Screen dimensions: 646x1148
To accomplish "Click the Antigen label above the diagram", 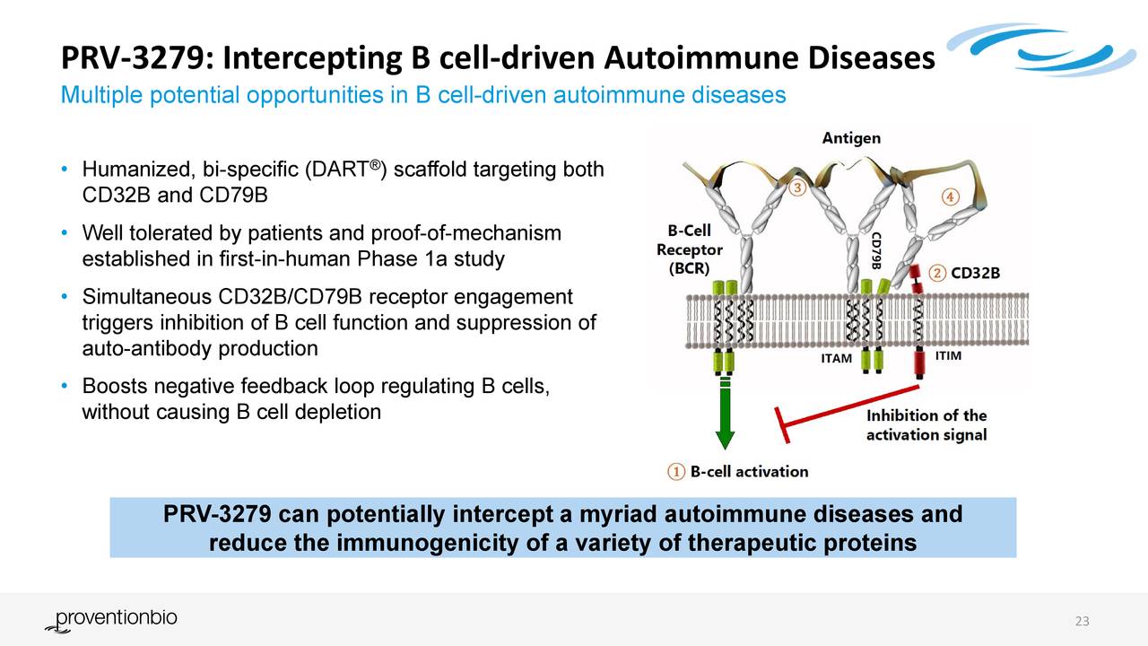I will pyautogui.click(x=851, y=138).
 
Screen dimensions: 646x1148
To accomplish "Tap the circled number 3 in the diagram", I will pyautogui.click(x=797, y=189).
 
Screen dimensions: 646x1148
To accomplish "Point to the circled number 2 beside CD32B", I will pyautogui.click(x=937, y=273).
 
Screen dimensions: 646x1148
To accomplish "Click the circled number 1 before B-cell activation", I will pyautogui.click(x=677, y=471).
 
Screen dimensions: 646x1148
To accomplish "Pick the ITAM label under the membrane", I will pyautogui.click(x=836, y=359).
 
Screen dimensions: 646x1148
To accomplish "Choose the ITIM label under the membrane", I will pyautogui.click(x=948, y=356).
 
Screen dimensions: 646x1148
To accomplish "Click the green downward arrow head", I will pyautogui.click(x=725, y=441).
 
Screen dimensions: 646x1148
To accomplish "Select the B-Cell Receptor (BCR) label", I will pyautogui.click(x=689, y=249).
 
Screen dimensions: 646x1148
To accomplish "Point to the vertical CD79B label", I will pyautogui.click(x=876, y=249).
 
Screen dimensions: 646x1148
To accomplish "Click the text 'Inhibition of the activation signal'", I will pyautogui.click(x=926, y=425).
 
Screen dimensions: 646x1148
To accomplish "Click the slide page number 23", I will pyautogui.click(x=1082, y=623).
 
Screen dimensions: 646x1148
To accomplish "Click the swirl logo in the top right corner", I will pyautogui.click(x=1031, y=49).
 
